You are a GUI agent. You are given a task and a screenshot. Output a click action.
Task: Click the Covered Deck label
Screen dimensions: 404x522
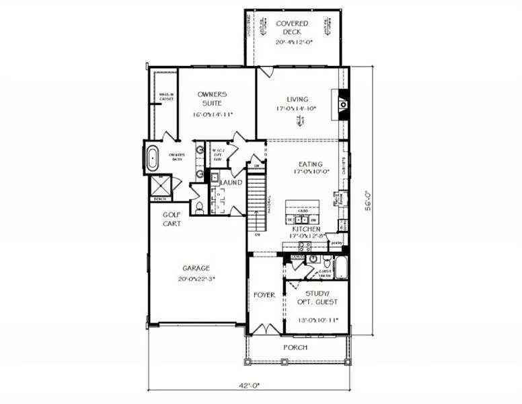coord(293,27)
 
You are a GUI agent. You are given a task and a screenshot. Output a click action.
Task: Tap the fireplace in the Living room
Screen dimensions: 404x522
coord(343,104)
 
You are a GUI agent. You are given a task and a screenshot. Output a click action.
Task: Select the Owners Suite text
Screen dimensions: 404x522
coord(213,98)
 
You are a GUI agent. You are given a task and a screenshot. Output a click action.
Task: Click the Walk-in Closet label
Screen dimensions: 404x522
coord(166,96)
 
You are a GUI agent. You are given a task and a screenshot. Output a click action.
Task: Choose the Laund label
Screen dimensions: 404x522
coord(231,182)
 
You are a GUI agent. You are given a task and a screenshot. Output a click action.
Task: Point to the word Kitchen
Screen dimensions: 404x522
coord(305,229)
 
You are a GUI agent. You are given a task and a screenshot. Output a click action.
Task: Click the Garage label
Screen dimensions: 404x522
coord(196,268)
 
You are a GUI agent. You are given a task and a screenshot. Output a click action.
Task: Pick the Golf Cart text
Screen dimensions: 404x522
coord(172,219)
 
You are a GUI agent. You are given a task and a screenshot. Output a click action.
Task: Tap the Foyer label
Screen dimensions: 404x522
coord(264,295)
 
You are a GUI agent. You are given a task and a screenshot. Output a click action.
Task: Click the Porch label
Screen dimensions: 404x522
coord(295,347)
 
